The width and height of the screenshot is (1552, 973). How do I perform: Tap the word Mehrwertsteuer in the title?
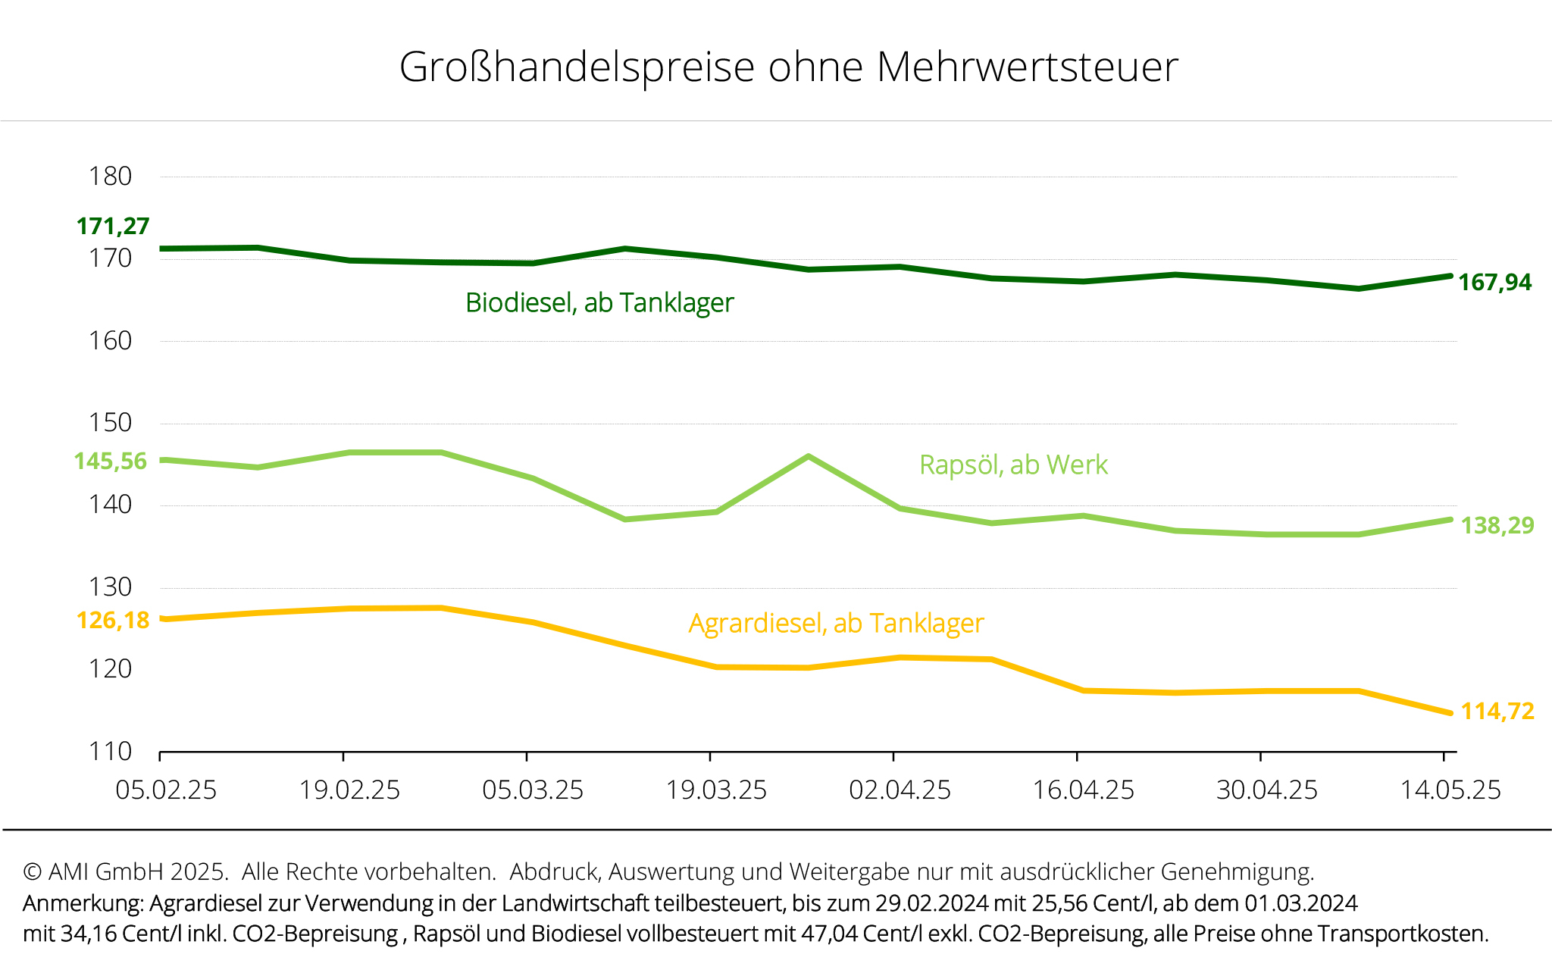pos(1027,67)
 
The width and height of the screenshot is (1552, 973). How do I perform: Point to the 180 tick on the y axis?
pos(110,177)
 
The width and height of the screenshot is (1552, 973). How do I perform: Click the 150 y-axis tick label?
pos(110,423)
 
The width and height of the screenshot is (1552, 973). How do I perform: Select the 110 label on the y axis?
pos(110,752)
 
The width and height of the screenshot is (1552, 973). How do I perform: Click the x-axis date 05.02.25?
pos(166,790)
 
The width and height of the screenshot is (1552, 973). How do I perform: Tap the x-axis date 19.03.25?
pos(716,790)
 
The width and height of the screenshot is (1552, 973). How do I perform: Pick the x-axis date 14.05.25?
pos(1450,790)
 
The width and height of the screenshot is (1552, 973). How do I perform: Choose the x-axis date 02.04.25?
pos(900,790)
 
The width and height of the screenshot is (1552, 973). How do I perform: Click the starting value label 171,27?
pos(113,226)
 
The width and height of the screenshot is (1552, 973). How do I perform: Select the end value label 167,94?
pos(1494,283)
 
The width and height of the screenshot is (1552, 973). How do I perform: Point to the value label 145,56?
pos(111,461)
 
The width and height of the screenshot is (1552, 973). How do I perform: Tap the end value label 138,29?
pos(1497,525)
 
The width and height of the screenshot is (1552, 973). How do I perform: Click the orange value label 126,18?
pos(113,621)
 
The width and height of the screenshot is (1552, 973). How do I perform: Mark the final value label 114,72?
pos(1497,712)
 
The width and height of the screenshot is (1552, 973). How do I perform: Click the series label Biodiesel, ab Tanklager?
pos(599,303)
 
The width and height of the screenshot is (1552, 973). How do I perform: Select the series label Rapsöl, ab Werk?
pos(1013,465)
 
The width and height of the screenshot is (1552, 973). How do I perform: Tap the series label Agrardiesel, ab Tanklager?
pos(836,624)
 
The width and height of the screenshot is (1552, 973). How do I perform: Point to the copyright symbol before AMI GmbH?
pos(32,872)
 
